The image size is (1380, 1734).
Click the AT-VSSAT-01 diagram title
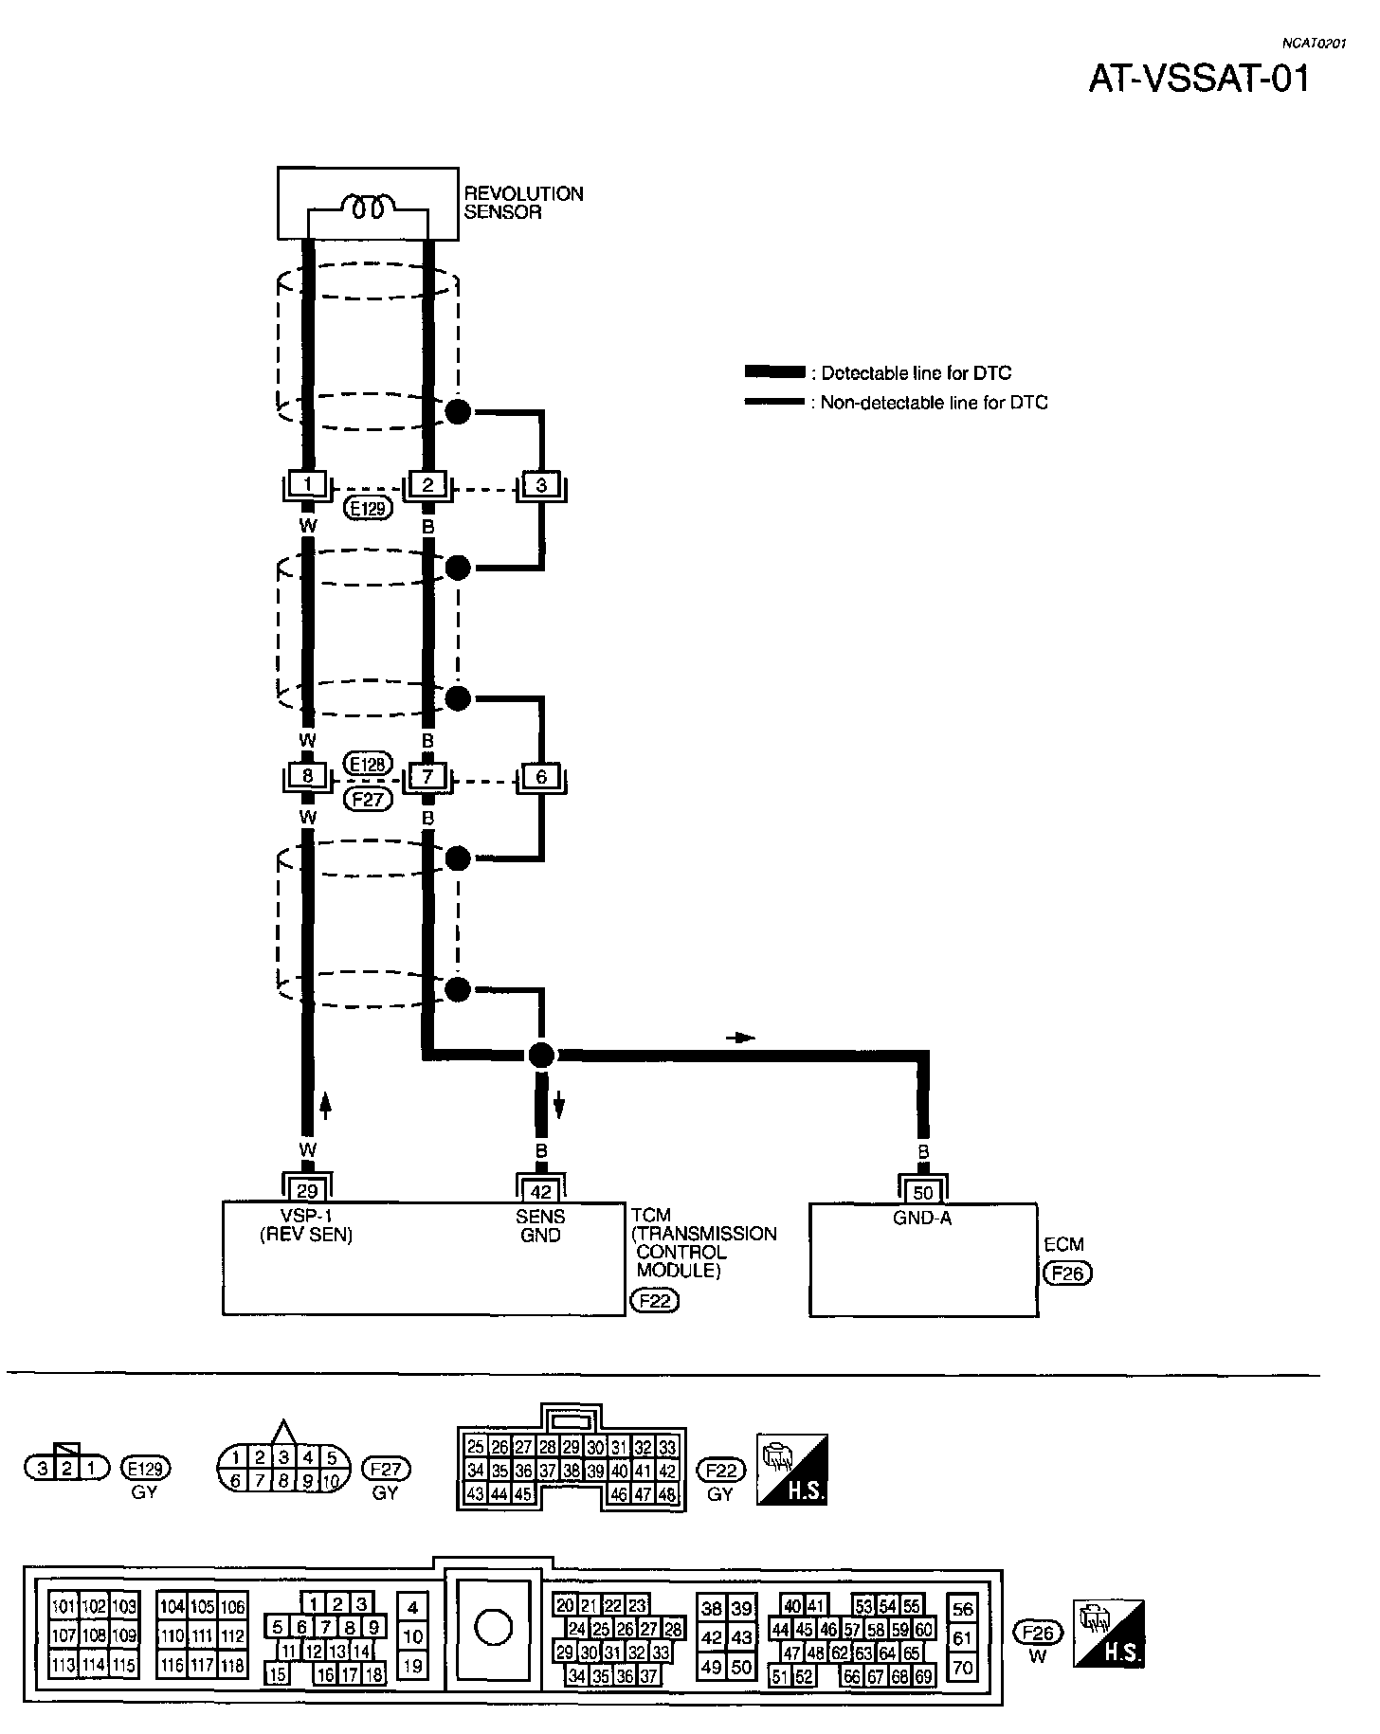[x=1198, y=79]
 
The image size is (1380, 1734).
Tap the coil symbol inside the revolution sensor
[x=367, y=208]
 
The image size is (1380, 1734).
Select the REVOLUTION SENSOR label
[x=523, y=203]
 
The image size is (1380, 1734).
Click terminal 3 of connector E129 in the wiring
[x=541, y=485]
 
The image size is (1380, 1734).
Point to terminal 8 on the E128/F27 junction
[x=307, y=776]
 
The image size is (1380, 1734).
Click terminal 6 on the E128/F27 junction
[x=541, y=776]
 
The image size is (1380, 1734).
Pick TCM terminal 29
[x=307, y=1191]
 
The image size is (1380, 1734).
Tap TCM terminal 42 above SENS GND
[x=540, y=1191]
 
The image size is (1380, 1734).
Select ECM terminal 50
[x=922, y=1193]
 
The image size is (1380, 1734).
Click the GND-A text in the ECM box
[x=922, y=1219]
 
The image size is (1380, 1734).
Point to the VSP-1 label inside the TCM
[x=306, y=1217]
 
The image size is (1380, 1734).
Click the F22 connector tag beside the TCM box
[x=655, y=1300]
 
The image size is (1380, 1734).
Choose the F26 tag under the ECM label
[x=1067, y=1273]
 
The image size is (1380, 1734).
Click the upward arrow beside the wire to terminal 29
[x=325, y=1105]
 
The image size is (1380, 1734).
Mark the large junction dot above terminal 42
[x=541, y=1055]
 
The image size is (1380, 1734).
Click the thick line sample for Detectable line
[x=773, y=372]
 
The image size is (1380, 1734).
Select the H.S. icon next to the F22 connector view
[x=792, y=1469]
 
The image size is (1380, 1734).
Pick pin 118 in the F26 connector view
[x=232, y=1665]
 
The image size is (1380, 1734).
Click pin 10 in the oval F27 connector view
[x=331, y=1481]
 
